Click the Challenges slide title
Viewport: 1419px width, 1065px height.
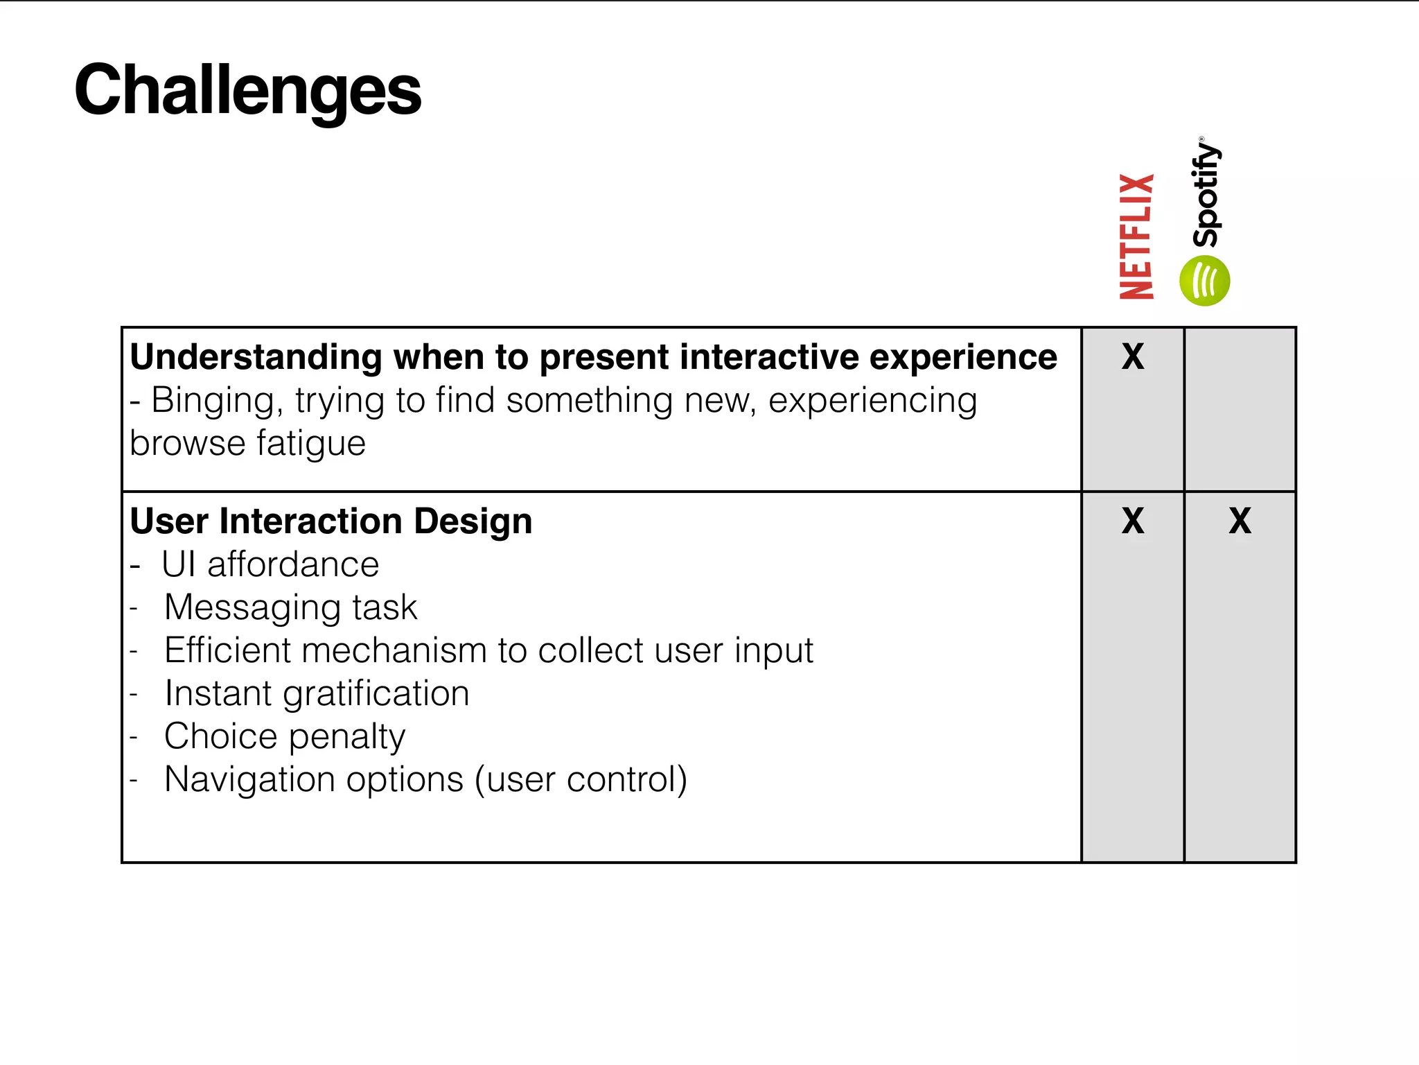(x=247, y=90)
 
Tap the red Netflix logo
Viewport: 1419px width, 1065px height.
(x=1137, y=236)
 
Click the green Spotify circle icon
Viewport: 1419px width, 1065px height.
(x=1205, y=281)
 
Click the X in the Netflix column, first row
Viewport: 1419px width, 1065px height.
(x=1133, y=356)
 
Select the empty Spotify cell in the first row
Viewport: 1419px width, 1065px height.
(x=1240, y=409)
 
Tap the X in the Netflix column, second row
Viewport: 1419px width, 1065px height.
(x=1133, y=521)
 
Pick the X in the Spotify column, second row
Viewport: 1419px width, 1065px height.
(x=1240, y=521)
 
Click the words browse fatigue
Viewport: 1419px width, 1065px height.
(x=247, y=444)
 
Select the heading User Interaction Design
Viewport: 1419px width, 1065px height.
(x=331, y=521)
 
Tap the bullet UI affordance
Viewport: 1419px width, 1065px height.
(x=270, y=564)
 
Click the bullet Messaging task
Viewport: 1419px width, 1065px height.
(x=290, y=607)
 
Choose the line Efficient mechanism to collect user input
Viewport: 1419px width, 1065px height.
(x=488, y=650)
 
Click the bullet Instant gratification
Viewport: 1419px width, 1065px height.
(x=317, y=693)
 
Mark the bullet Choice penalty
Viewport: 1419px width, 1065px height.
(x=285, y=736)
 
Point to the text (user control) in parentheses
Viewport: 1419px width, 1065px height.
(x=581, y=779)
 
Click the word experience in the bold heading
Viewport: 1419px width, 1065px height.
(x=963, y=358)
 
